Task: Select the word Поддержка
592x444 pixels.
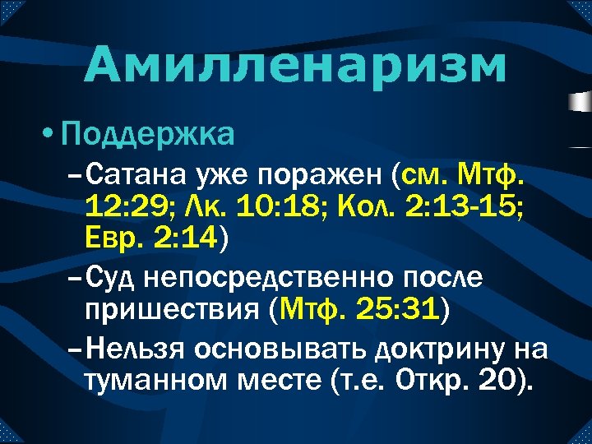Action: click(148, 132)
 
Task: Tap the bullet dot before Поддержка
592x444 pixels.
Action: click(48, 133)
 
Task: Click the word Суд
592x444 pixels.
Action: click(111, 279)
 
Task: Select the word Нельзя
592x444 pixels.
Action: click(135, 349)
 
